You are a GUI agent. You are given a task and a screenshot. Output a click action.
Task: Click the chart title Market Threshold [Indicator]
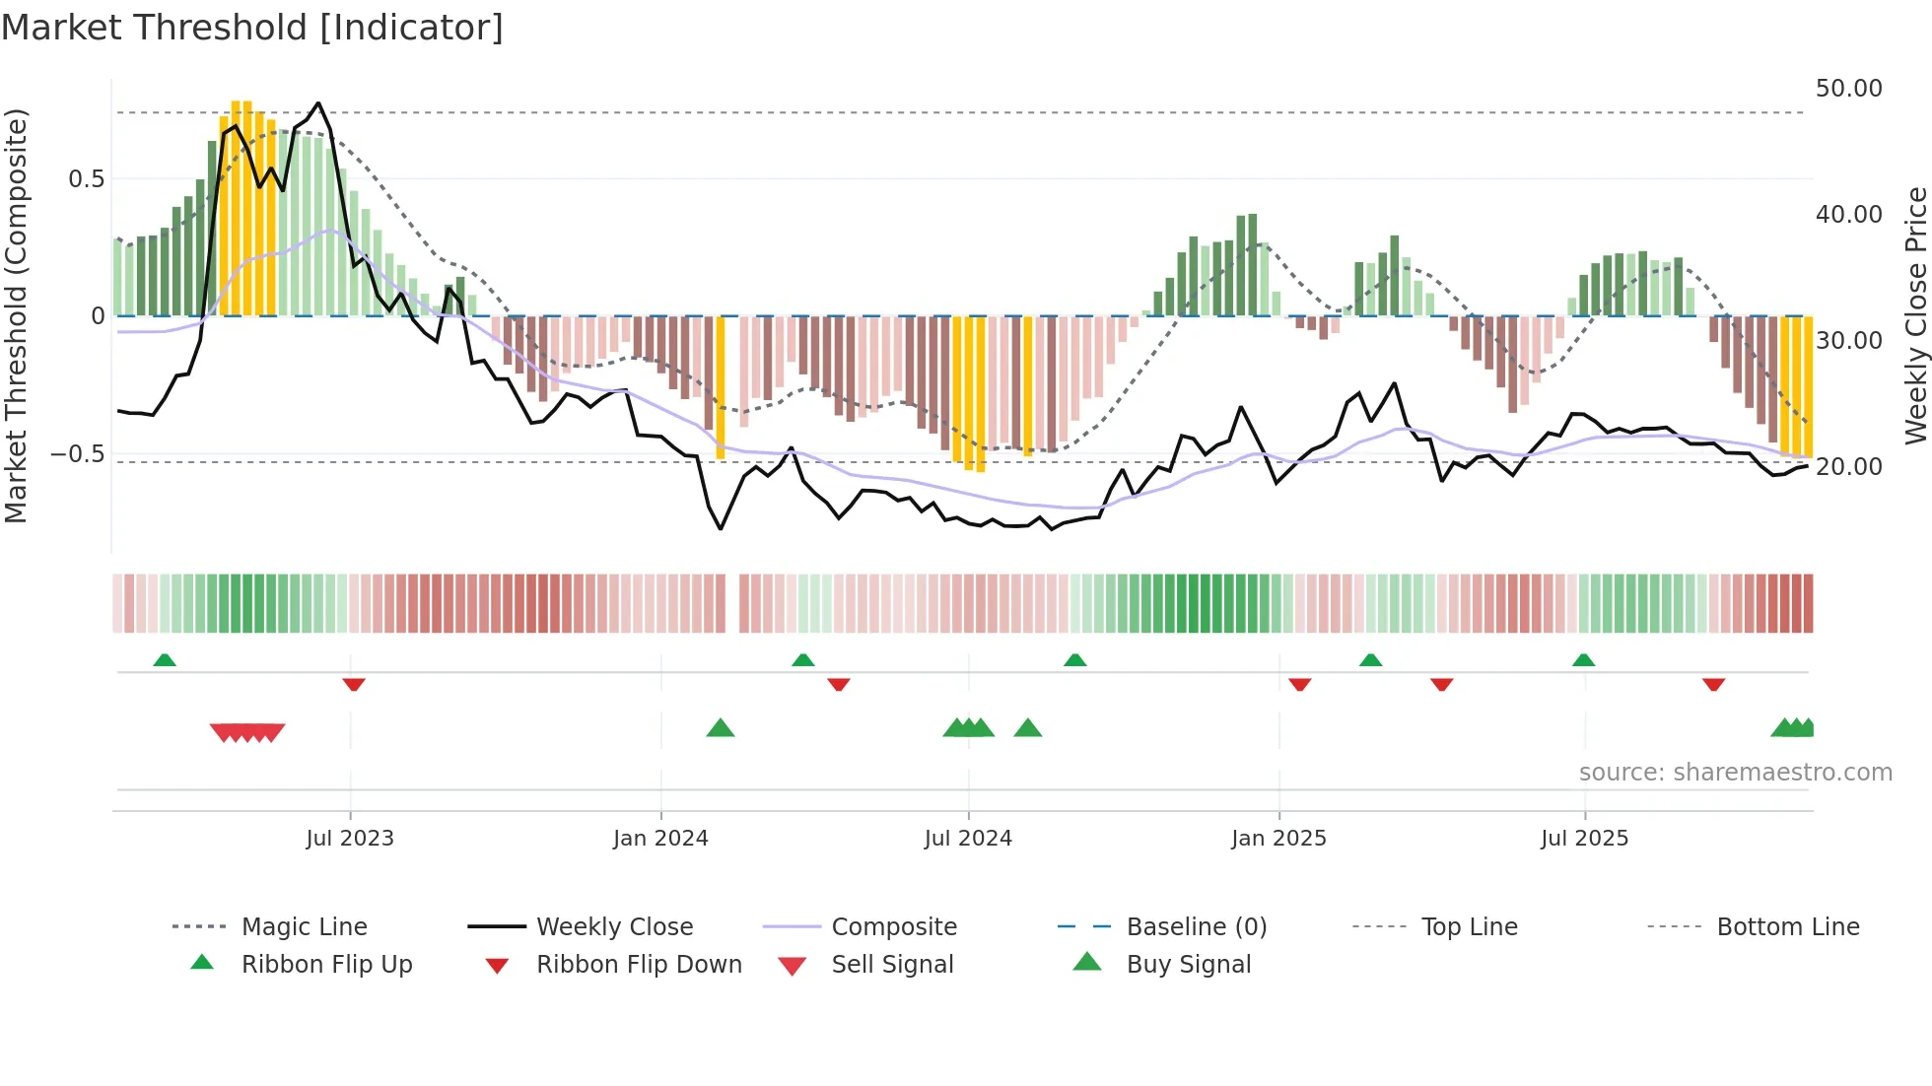[x=252, y=28]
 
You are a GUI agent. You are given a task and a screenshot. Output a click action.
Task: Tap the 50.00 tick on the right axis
[x=1848, y=89]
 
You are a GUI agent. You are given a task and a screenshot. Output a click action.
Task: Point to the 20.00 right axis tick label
[x=1848, y=467]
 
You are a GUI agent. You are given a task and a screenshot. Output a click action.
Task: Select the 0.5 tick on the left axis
[x=86, y=179]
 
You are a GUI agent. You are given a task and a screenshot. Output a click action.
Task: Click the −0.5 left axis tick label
[x=78, y=454]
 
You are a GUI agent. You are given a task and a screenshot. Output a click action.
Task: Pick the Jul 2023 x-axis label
[x=349, y=839]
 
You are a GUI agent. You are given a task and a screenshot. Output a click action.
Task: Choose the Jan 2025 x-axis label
[x=1278, y=839]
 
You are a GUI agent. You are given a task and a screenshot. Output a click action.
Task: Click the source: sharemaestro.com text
[x=1735, y=773]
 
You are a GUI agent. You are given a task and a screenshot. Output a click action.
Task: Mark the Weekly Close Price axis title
[x=1915, y=315]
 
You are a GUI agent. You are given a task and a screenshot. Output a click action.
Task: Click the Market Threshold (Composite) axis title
[x=16, y=315]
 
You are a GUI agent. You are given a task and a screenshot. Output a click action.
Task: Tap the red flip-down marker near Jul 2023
[x=354, y=684]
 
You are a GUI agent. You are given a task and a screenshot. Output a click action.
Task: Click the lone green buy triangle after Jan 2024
[x=721, y=728]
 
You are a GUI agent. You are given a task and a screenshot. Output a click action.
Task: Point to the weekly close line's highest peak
[x=317, y=103]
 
